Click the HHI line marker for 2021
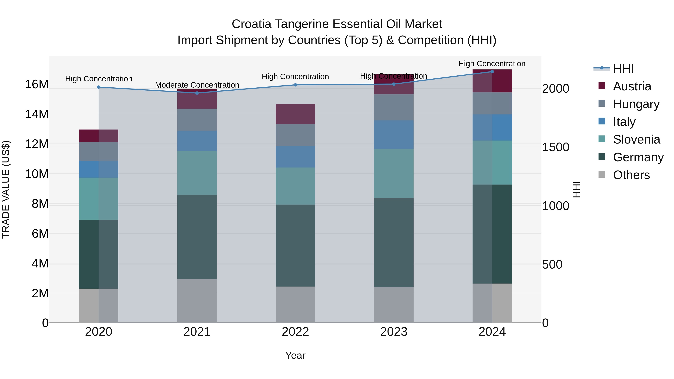tap(197, 93)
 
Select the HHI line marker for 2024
tap(492, 71)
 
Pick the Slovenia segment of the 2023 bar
tap(394, 173)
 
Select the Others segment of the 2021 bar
tap(197, 301)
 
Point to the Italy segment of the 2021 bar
tap(197, 141)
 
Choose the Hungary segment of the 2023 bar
tap(394, 107)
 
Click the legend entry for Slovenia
tap(636, 139)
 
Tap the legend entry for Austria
tap(632, 86)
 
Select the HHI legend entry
tap(623, 69)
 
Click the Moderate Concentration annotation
tap(197, 85)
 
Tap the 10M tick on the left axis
tap(37, 174)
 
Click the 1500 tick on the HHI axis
tap(555, 147)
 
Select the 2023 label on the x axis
tap(394, 332)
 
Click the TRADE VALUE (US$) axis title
tap(6, 189)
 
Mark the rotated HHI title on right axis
tap(576, 189)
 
